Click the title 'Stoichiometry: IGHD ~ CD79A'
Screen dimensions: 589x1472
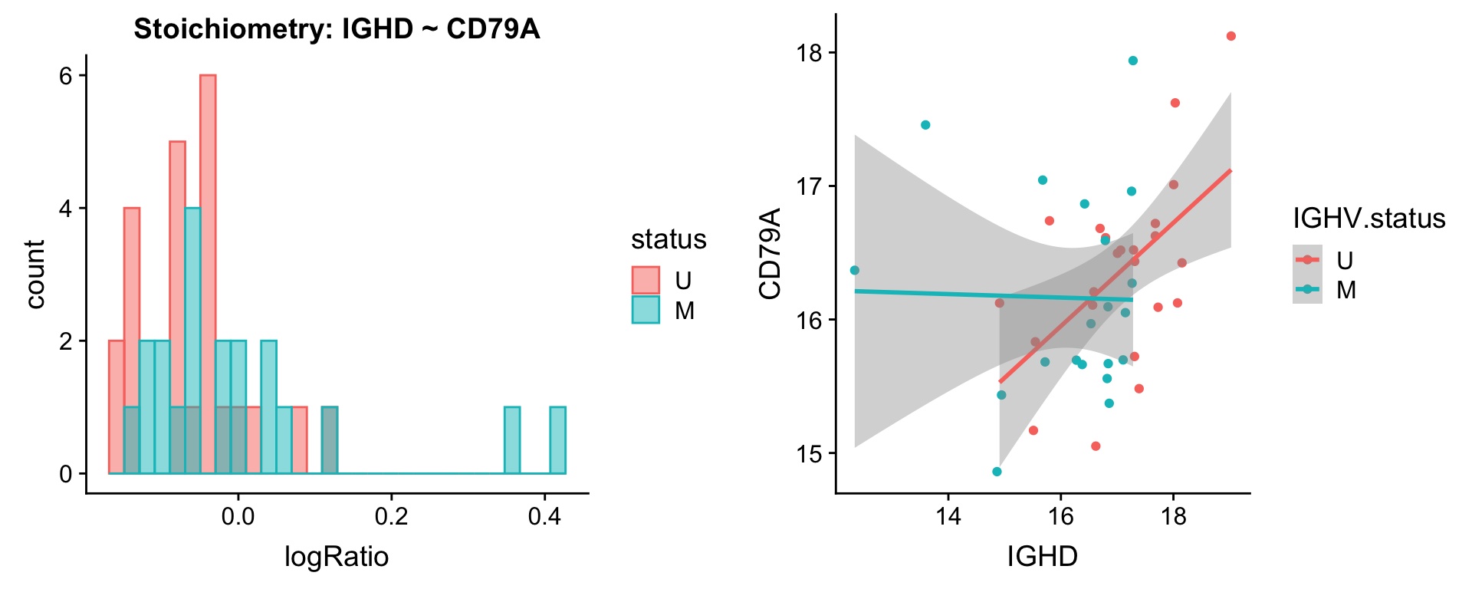tap(337, 29)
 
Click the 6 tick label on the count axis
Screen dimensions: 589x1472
tap(66, 76)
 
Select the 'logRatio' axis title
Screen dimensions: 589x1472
tap(337, 556)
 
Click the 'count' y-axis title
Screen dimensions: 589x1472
tap(34, 274)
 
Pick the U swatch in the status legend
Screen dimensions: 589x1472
tap(646, 281)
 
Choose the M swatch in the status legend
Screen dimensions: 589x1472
tap(646, 310)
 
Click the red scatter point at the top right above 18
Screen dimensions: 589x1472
tap(1231, 36)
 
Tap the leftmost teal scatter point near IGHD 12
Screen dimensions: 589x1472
tap(855, 270)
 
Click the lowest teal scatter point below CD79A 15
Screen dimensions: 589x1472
tap(997, 472)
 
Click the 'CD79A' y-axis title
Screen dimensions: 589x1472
tap(769, 253)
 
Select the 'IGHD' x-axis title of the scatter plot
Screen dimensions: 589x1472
tap(1043, 556)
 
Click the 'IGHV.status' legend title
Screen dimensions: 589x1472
tap(1369, 219)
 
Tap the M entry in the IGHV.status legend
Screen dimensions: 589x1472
tap(1345, 290)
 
